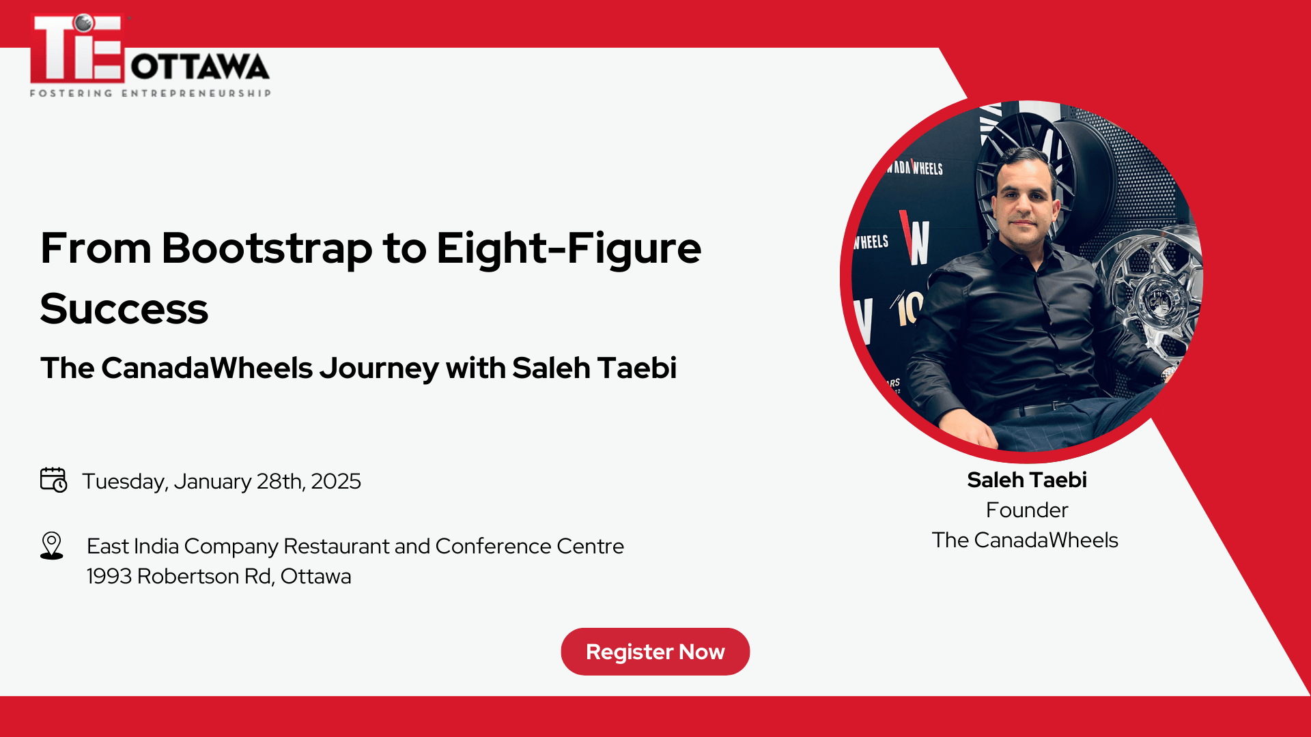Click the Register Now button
tap(655, 652)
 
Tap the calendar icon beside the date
tap(53, 480)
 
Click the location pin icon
tap(52, 546)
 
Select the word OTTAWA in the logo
tap(199, 67)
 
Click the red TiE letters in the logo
tap(76, 49)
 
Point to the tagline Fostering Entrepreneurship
tap(150, 93)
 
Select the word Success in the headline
tap(124, 308)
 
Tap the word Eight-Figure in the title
tap(569, 248)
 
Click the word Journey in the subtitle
tap(379, 368)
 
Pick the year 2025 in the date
tap(335, 481)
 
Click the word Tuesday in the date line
tap(125, 481)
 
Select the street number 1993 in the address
tap(109, 576)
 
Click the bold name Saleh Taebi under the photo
tap(1026, 480)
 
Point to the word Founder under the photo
tap(1026, 510)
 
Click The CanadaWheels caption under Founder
tap(1025, 540)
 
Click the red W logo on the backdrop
tap(915, 239)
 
